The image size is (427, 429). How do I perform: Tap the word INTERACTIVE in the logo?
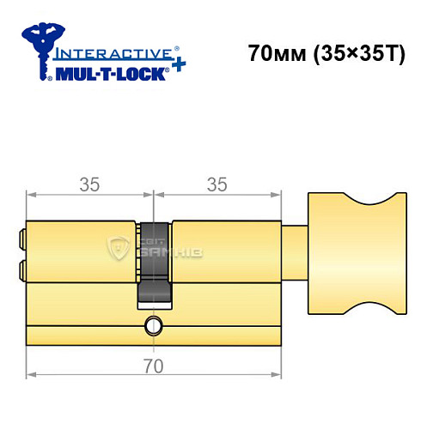tap(103, 53)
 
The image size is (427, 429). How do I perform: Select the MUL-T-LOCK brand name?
tap(107, 74)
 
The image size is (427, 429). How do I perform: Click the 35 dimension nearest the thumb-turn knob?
tap(217, 183)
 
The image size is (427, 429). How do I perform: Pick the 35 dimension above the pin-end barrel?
tap(90, 183)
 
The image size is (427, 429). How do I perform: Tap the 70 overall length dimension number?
tap(153, 365)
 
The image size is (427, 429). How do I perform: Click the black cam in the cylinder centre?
tap(154, 262)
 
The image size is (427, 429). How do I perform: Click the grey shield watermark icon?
tap(117, 248)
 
